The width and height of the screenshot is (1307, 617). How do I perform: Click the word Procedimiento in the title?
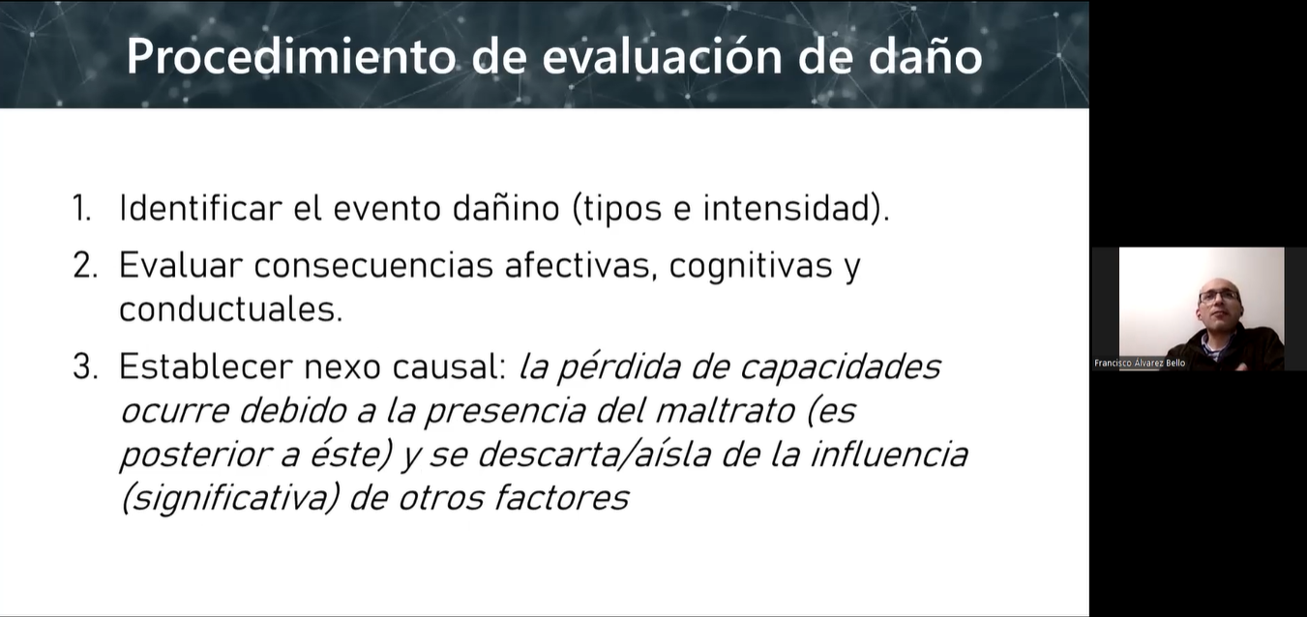click(290, 56)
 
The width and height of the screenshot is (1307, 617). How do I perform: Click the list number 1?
click(81, 207)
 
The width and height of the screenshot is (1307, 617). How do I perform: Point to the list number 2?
click(85, 265)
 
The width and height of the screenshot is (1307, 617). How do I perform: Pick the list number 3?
click(85, 367)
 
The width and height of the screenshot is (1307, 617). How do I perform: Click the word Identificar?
click(200, 207)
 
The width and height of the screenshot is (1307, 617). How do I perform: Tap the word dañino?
click(506, 207)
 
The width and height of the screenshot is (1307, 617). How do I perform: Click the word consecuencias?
click(373, 266)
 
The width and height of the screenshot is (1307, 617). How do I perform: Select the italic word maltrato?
click(725, 411)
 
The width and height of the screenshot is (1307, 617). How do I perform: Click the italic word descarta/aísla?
click(593, 455)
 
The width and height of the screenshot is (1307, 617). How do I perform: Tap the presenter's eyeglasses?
click(1219, 296)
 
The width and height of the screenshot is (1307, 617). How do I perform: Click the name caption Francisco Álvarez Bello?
click(1140, 363)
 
